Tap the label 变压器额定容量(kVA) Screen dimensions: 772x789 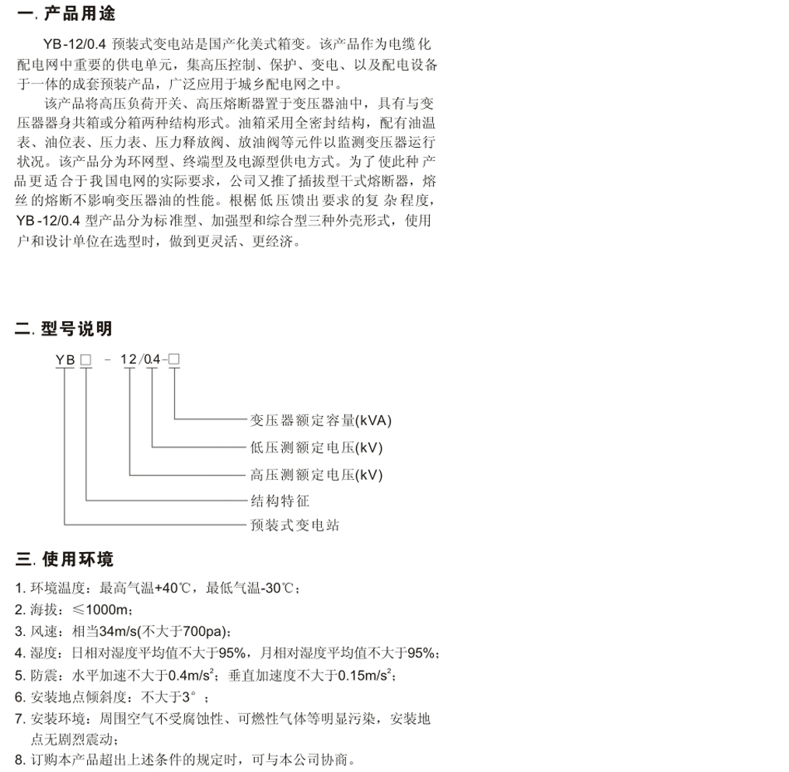320,421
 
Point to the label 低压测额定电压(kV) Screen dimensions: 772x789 316,448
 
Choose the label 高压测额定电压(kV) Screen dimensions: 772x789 316,474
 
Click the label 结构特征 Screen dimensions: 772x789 279,501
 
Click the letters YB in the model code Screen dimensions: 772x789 65,359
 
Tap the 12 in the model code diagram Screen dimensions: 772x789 130,359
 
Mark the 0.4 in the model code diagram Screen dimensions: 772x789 152,359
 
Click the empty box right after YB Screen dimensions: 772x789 86,359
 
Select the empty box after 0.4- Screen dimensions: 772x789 174,359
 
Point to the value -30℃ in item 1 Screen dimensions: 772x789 276,588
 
